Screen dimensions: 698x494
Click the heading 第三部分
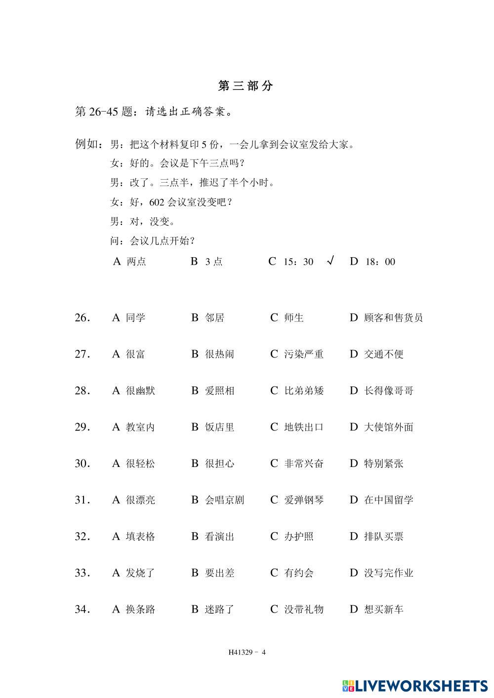246,86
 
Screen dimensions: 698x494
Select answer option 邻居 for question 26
214,318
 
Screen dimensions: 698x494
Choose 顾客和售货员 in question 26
393,318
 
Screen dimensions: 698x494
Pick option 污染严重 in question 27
303,354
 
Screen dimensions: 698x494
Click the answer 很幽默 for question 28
140,391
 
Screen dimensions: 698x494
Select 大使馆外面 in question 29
388,427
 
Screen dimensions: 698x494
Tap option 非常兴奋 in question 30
303,464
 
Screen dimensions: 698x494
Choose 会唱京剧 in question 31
224,500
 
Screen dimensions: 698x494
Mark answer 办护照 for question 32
298,537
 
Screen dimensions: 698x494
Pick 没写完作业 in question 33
388,573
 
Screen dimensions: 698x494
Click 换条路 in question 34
140,610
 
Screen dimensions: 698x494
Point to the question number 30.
82,464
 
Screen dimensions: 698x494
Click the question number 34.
82,610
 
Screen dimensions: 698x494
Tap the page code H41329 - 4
247,652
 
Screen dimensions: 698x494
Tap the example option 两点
136,262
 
